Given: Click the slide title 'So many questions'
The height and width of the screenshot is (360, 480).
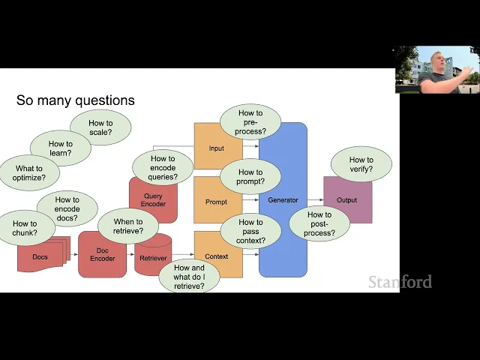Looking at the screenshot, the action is click(76, 100).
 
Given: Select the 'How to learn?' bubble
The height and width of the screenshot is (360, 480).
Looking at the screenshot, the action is click(61, 148).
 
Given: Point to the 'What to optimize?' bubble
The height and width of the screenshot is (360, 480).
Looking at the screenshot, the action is click(29, 173).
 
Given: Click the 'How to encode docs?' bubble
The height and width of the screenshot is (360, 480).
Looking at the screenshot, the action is click(67, 209).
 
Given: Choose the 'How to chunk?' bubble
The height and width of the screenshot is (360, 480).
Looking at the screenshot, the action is click(25, 228).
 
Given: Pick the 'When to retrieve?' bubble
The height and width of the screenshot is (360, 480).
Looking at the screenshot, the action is click(128, 226).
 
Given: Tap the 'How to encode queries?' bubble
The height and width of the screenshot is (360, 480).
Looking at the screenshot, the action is click(163, 168).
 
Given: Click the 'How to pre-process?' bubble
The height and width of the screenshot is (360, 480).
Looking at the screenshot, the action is click(250, 122).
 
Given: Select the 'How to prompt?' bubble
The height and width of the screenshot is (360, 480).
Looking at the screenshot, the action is click(250, 177).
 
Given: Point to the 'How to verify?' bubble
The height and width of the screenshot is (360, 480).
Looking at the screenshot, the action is click(361, 164).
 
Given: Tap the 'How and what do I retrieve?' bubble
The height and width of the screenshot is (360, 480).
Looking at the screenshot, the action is click(188, 277).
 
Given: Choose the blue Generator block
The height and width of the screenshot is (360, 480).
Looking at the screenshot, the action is click(283, 200).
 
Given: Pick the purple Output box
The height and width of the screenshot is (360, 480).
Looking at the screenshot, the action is click(347, 200).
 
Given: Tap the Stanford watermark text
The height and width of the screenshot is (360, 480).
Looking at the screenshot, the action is click(400, 282).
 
